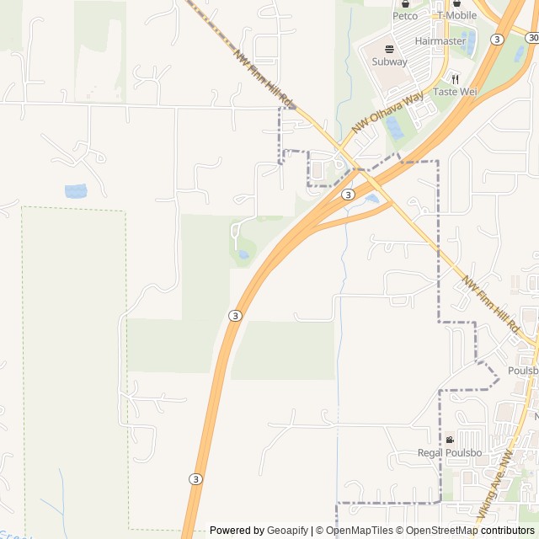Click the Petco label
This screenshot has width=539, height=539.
[405, 15]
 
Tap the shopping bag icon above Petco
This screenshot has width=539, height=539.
[405, 3]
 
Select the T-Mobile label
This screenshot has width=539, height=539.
[456, 15]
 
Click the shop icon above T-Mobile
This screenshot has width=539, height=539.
[456, 3]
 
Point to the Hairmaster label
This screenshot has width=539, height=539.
[440, 40]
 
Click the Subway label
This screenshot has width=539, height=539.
[389, 61]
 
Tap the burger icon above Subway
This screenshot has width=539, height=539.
[389, 49]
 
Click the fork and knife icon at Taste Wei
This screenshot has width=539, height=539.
[455, 78]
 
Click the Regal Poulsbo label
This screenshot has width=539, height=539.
[450, 452]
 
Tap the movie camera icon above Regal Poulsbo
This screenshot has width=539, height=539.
[450, 440]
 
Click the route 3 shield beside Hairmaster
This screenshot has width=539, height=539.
[498, 39]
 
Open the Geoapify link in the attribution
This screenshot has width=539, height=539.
[288, 531]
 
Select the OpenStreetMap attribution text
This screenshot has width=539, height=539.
[436, 531]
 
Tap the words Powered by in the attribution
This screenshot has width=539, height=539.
[237, 531]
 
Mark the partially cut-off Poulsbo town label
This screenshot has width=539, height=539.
[523, 371]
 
